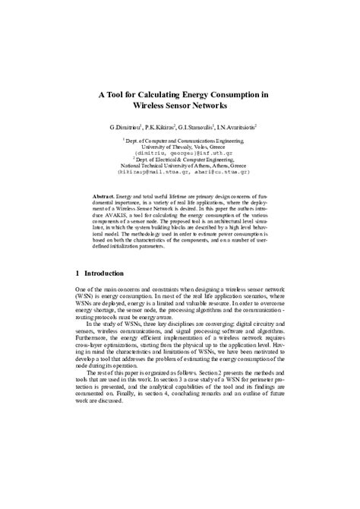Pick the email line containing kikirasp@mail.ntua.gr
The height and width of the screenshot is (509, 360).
tap(180, 172)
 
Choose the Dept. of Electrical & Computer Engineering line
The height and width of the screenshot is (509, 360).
tap(180, 160)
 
